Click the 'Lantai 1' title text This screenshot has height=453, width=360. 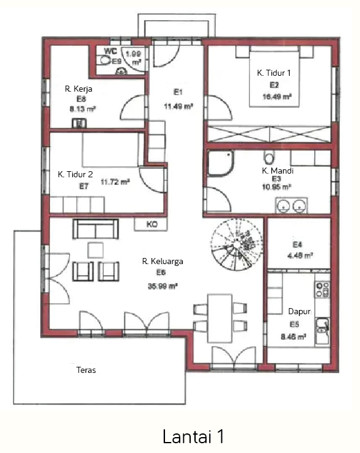[193, 436]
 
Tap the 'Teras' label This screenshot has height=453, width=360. [86, 370]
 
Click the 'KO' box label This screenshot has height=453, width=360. [152, 224]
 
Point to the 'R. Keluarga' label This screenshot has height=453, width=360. [163, 261]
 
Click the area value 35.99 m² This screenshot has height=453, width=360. [163, 286]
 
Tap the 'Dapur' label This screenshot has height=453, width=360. [299, 311]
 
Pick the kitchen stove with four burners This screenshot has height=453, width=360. [323, 290]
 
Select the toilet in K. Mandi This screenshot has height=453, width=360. [269, 158]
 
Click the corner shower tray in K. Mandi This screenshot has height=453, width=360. [221, 163]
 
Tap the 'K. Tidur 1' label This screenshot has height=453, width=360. [274, 73]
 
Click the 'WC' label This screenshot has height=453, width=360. [111, 51]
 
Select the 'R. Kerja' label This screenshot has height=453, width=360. [78, 89]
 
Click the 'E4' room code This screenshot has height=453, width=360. [297, 245]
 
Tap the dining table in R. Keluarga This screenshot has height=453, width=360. [220, 319]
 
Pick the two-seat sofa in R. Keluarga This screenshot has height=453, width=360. [95, 229]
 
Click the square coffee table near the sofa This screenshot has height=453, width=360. [95, 250]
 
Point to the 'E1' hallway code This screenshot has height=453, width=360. [178, 92]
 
